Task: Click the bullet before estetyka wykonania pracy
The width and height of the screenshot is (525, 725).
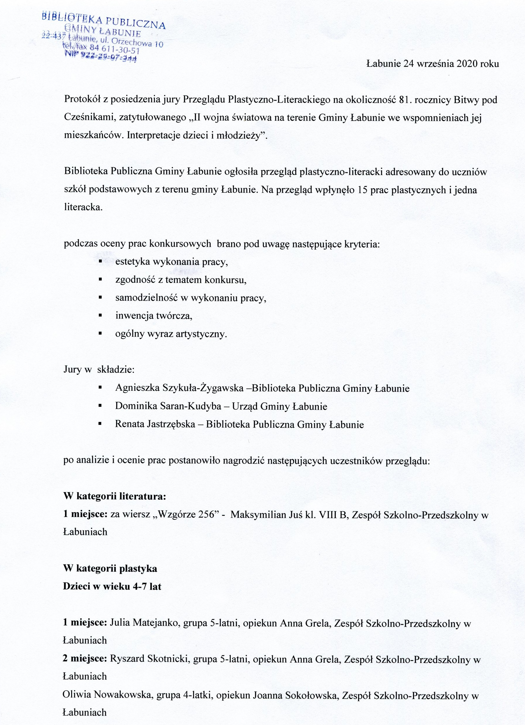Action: tap(100, 262)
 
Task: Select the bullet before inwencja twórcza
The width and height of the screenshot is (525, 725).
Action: tap(100, 316)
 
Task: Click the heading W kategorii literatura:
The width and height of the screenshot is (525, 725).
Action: tap(115, 497)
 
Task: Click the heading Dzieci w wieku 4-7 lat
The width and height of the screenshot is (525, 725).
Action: tap(112, 587)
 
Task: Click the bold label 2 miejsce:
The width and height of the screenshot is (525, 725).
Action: tap(85, 659)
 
